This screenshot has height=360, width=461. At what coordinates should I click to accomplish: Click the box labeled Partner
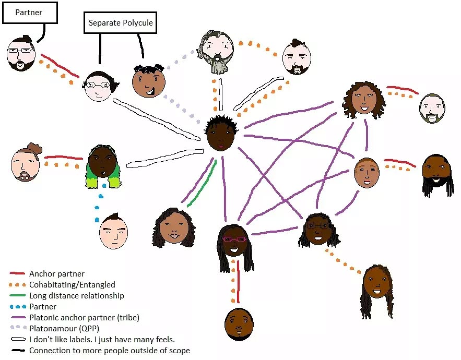[x=29, y=13]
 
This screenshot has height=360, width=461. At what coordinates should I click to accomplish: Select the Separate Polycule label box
[x=121, y=23]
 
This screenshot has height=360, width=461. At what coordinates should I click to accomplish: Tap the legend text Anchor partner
[x=56, y=273]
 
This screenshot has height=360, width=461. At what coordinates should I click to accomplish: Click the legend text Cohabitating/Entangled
[x=72, y=284]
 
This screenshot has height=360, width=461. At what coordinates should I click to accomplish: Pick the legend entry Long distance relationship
[x=76, y=295]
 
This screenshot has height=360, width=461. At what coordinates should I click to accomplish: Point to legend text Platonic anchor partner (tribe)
[x=84, y=317]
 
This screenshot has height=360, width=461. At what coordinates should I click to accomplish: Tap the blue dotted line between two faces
[x=99, y=201]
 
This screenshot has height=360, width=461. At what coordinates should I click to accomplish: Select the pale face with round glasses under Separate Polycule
[x=98, y=86]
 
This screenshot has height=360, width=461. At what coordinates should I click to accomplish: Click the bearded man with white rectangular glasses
[x=20, y=54]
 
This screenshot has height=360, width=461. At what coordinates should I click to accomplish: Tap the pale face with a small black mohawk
[x=113, y=231]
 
